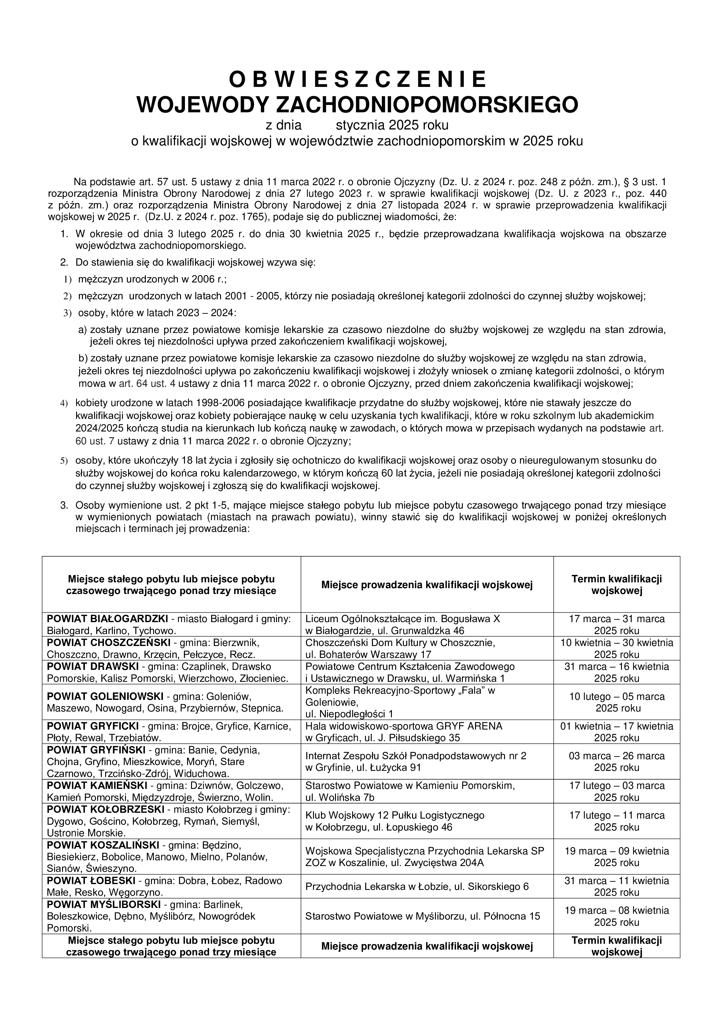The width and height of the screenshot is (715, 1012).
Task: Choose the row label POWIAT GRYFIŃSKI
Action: [x=96, y=750]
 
